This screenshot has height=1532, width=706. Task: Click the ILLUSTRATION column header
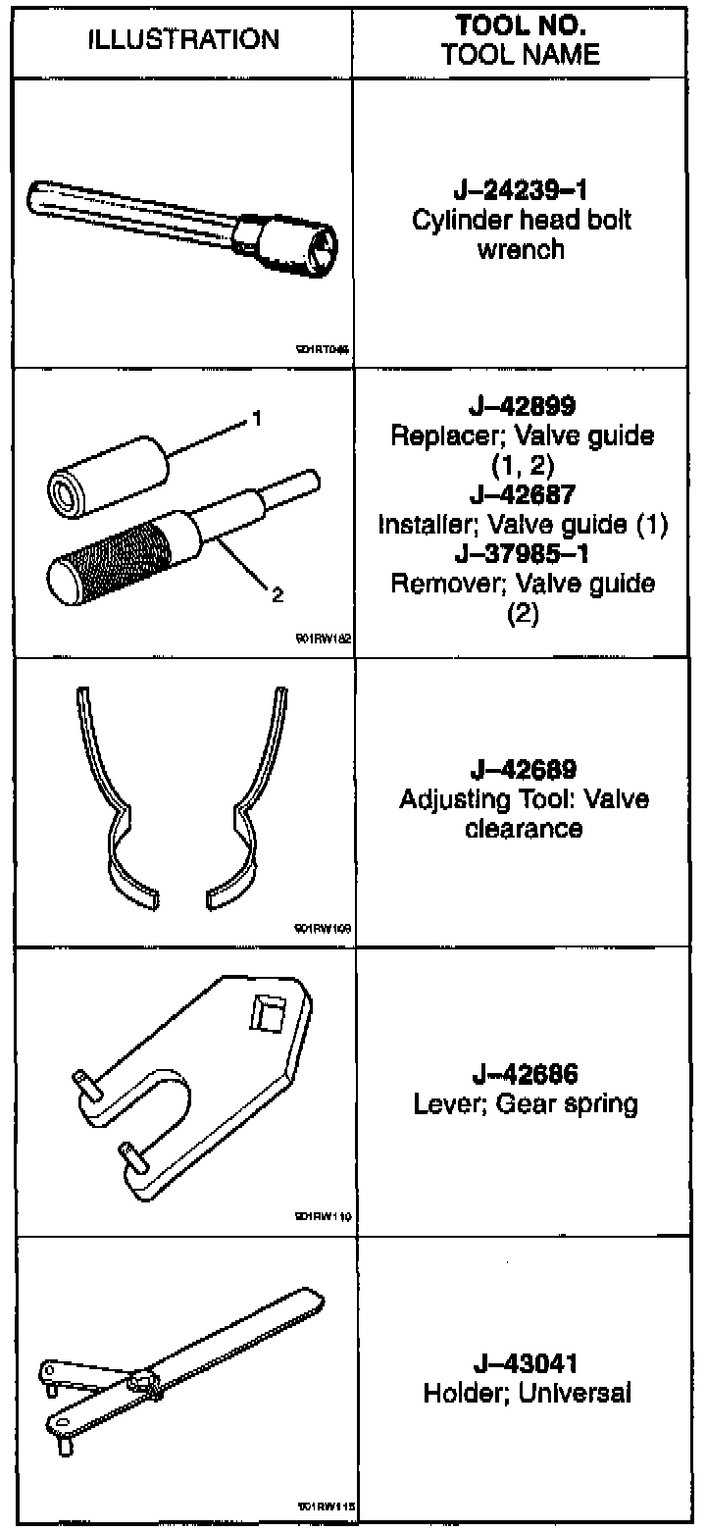184,39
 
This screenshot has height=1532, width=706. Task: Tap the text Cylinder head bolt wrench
521,233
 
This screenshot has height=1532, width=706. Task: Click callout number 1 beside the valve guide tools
256,420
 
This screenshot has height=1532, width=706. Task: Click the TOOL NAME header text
521,54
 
